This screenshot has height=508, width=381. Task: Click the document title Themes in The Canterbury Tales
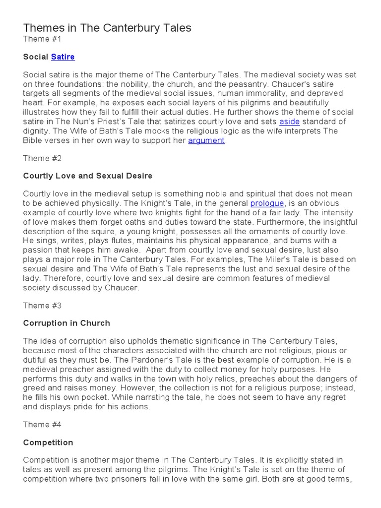pyautogui.click(x=107, y=28)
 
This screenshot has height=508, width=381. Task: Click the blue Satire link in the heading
pyautogui.click(x=63, y=57)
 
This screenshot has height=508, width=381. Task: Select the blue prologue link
pyautogui.click(x=267, y=203)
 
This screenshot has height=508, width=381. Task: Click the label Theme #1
pyautogui.click(x=44, y=39)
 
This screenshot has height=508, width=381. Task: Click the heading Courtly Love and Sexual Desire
pyautogui.click(x=88, y=176)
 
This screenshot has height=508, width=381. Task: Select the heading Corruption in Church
pyautogui.click(x=66, y=323)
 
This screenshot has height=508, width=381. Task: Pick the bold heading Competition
pyautogui.click(x=48, y=443)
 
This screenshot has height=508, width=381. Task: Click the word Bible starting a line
pyautogui.click(x=33, y=140)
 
